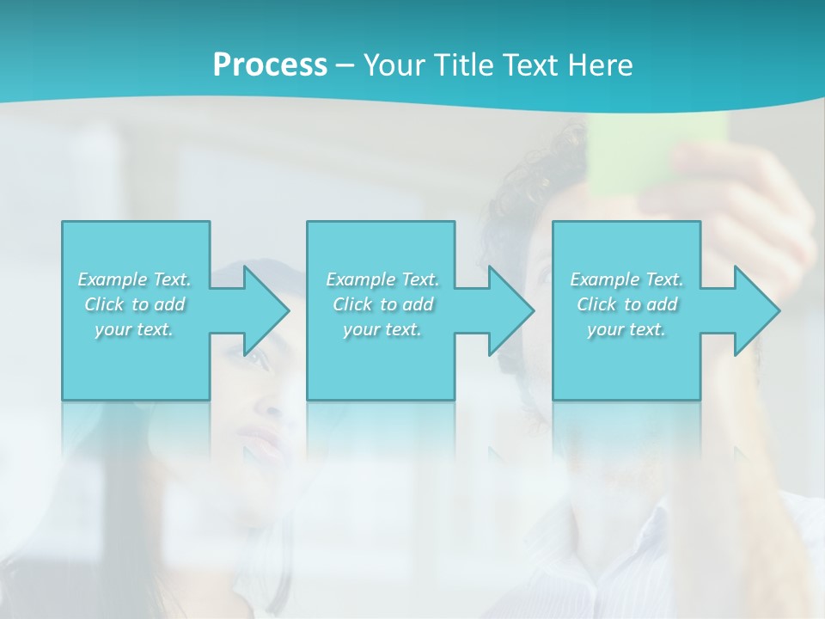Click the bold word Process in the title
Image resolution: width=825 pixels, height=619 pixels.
coord(270,65)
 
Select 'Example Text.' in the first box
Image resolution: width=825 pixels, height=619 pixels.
coord(134,279)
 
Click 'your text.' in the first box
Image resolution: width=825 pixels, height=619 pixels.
coord(134,329)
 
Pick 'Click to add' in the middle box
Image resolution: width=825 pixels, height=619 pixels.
coord(382,304)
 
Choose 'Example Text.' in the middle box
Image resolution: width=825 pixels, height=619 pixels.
coord(382,279)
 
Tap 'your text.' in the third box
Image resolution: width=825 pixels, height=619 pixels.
coord(626,329)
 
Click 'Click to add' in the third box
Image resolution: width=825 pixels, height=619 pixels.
coord(626,304)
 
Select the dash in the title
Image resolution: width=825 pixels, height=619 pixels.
coord(345,65)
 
